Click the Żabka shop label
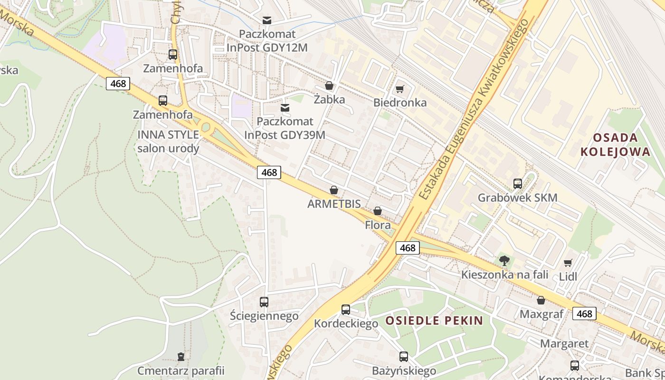point(329,100)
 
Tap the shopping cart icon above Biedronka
point(400,89)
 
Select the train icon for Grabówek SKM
point(518,184)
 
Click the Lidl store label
point(568,276)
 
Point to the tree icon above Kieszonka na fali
point(504,260)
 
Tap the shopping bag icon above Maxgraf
point(541,300)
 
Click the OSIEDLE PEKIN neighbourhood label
point(434,321)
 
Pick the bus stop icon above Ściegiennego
point(264,302)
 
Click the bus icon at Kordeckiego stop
point(346,310)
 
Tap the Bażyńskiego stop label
point(404,370)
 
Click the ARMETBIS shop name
point(334,204)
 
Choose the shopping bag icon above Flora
point(378,211)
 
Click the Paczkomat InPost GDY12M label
point(267,41)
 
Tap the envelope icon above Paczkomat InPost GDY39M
point(285,108)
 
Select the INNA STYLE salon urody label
point(168,141)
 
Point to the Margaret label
point(564,343)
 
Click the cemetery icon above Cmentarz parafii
point(180,356)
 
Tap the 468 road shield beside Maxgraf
point(584,313)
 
